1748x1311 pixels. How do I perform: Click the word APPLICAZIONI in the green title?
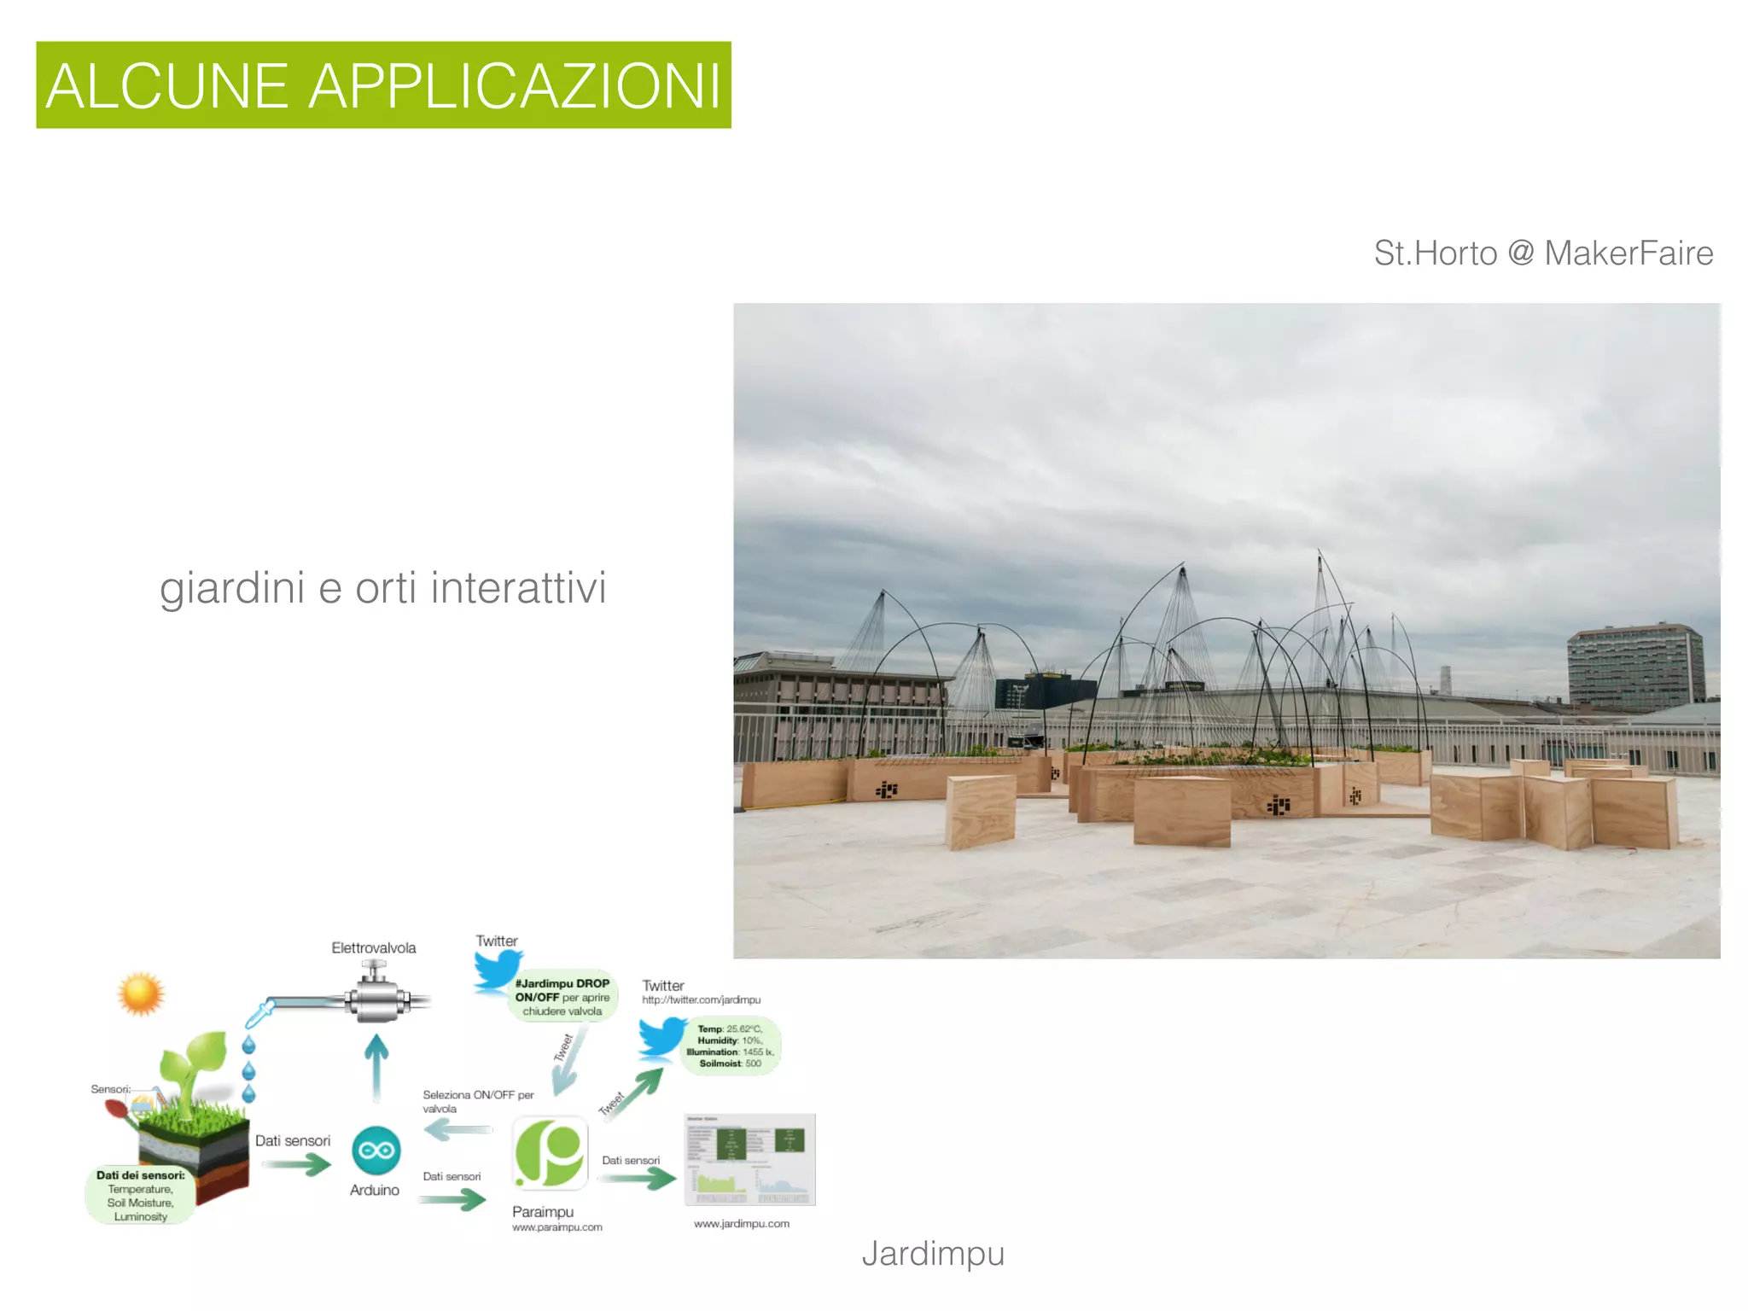point(515,86)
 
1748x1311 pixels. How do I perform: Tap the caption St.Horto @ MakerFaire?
point(1543,253)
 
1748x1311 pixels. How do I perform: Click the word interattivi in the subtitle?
point(518,588)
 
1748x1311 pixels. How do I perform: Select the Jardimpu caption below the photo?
point(933,1253)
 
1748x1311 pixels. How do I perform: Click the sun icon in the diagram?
point(141,993)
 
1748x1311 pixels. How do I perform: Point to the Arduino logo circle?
point(376,1151)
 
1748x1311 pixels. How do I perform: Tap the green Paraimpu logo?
point(550,1152)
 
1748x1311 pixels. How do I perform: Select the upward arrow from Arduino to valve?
point(376,1067)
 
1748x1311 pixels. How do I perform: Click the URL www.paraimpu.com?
point(556,1227)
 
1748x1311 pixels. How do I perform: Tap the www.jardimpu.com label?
point(741,1223)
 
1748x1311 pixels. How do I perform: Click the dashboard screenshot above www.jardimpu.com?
point(749,1159)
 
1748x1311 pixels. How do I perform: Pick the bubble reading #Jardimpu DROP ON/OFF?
point(562,997)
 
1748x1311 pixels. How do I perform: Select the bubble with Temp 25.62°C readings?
point(731,1046)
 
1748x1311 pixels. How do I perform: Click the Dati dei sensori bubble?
point(141,1195)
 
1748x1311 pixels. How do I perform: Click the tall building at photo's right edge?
point(1634,668)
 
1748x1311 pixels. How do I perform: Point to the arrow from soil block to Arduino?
point(295,1164)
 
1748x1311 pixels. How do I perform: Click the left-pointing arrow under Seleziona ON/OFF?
point(458,1131)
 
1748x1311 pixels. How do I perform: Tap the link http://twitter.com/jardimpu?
point(701,999)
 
